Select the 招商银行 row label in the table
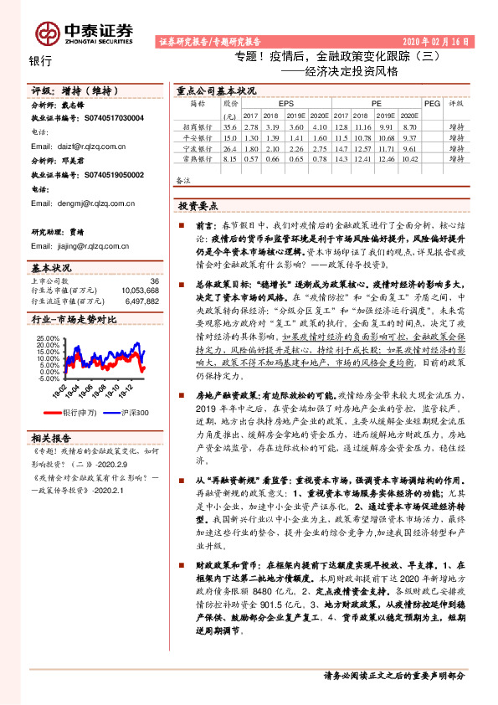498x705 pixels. click(198, 126)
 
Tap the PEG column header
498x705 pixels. click(432, 103)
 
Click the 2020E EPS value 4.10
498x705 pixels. click(319, 126)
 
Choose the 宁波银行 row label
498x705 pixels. click(198, 147)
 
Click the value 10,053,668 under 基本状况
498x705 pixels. click(140, 290)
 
